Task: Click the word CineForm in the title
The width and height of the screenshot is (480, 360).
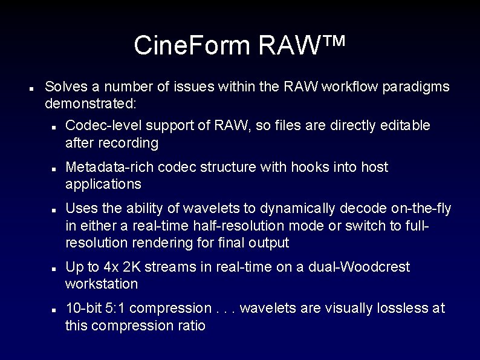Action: (x=192, y=45)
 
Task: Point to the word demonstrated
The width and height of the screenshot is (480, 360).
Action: (x=90, y=103)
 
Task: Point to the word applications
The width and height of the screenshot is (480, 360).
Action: (x=103, y=184)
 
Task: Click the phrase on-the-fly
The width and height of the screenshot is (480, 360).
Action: (x=417, y=209)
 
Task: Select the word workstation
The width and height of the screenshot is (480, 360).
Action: (x=102, y=284)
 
